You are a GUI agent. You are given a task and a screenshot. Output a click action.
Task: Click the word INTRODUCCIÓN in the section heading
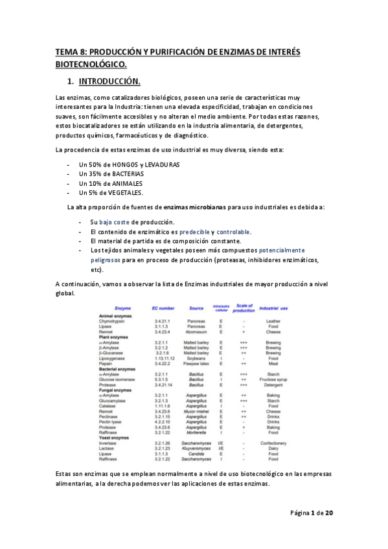108,82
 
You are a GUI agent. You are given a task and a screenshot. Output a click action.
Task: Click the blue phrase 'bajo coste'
114,222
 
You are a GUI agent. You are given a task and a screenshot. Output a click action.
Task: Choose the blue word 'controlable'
233,231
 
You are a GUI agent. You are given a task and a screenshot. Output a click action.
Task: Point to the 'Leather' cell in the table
273,321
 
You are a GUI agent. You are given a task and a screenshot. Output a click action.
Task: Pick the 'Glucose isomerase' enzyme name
117,379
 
